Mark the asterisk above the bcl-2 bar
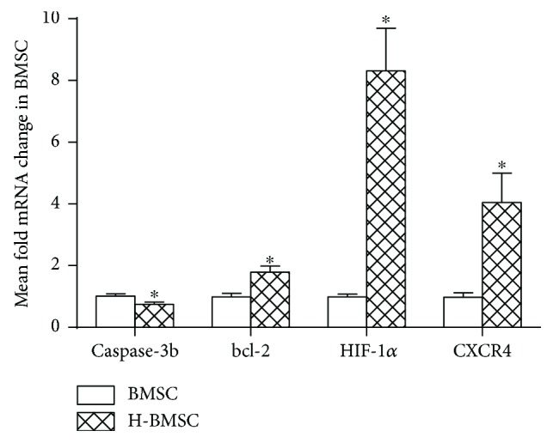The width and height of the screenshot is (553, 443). (270, 260)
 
